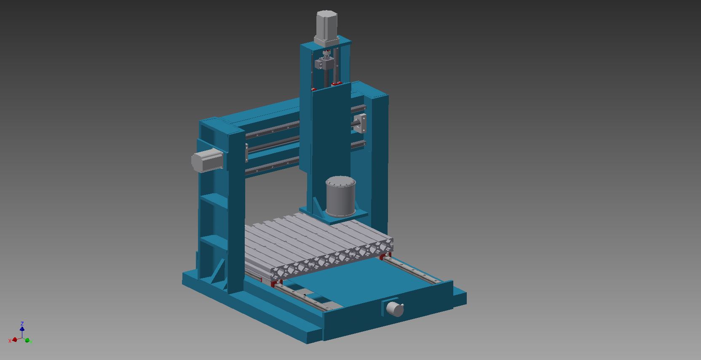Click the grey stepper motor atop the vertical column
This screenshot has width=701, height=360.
point(326,28)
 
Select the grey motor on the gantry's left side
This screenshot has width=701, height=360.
point(207,160)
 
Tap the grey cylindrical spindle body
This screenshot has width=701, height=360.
point(340,196)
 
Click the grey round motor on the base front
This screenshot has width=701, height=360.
point(395,309)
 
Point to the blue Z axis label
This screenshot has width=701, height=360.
point(22,323)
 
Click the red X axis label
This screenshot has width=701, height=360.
point(10,341)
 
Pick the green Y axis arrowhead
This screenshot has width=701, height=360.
point(27,340)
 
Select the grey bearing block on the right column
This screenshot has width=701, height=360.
point(361,123)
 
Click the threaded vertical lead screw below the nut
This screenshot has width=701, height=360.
point(326,78)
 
